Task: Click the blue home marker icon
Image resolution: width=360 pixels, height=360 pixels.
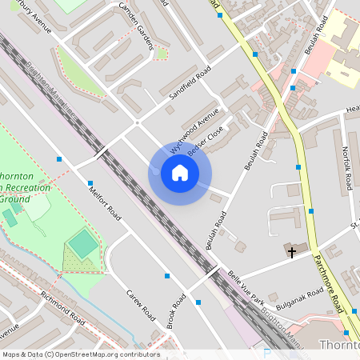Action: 180,173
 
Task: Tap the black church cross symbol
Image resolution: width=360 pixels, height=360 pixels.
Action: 292,253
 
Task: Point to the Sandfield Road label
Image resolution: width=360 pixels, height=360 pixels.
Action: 190,83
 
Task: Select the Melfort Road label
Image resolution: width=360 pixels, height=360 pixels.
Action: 105,204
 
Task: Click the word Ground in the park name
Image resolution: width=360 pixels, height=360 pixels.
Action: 18,198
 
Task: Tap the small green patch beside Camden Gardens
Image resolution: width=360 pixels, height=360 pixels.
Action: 162,54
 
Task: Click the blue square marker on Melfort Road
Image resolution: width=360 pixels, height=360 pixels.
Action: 90,183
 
